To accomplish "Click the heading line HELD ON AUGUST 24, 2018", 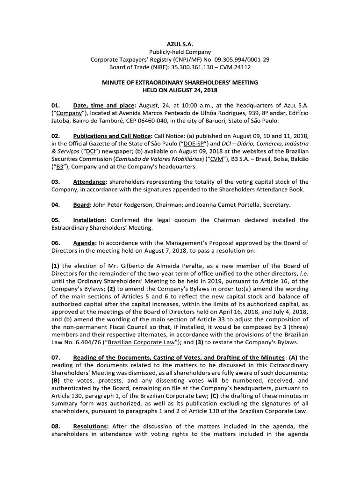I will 180,90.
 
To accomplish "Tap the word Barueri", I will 204,121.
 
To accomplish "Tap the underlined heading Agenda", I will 85,243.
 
